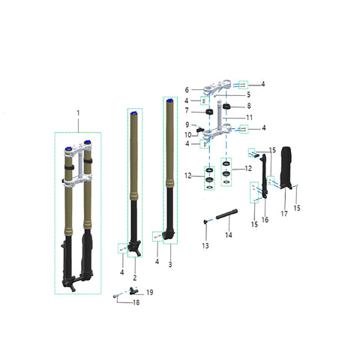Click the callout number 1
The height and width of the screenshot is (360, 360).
(78, 113)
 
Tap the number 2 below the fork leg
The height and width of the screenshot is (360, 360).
(135, 277)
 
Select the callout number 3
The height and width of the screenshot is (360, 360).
(170, 264)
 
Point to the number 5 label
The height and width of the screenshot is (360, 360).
(248, 94)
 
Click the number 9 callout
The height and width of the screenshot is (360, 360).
(187, 124)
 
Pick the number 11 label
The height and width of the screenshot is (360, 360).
(249, 118)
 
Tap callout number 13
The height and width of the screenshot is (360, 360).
(205, 246)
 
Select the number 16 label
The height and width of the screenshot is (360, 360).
(265, 220)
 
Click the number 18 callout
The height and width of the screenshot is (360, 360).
(136, 302)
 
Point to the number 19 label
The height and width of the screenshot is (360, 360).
(150, 292)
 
